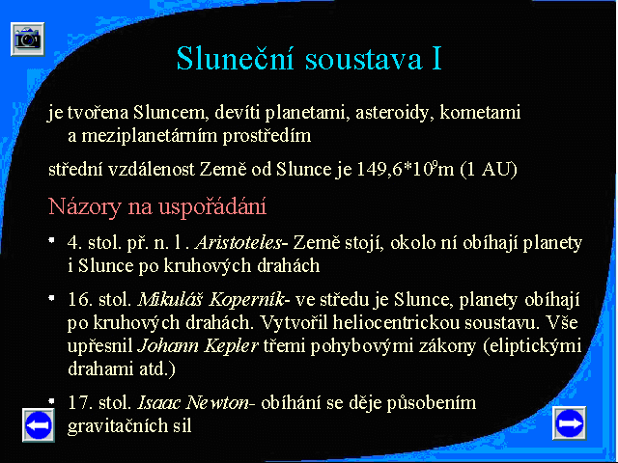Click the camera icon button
[28, 39]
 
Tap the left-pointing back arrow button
[39, 424]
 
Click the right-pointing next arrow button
[569, 423]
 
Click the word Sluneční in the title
[236, 58]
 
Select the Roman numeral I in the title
[436, 58]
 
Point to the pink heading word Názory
[84, 206]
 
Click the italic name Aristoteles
[239, 242]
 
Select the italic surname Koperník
[246, 300]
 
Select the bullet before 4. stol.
[51, 240]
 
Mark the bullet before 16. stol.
[51, 298]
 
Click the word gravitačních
[116, 425]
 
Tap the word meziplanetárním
[150, 136]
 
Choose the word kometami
[480, 112]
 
